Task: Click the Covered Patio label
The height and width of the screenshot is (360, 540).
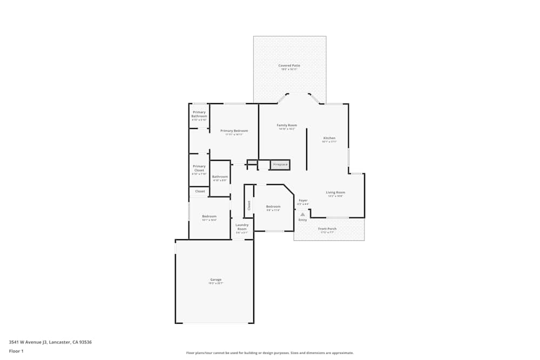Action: point(289,65)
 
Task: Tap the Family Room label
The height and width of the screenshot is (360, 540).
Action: point(287,125)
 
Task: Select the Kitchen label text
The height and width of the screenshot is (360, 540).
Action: point(329,138)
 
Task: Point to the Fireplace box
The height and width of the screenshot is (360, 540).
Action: point(280,165)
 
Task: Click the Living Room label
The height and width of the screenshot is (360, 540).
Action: point(335,192)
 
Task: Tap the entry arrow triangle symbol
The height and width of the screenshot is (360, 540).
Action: point(302,214)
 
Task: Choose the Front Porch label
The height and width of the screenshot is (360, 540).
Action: point(328,228)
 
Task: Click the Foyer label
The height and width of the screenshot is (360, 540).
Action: point(303,200)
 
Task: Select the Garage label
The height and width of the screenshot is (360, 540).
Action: point(216,280)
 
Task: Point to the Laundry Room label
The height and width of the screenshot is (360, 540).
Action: point(242,226)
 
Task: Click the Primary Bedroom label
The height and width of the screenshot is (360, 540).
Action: point(234,131)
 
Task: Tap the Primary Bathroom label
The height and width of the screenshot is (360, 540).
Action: point(199,114)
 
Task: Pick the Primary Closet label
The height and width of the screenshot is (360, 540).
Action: point(199,168)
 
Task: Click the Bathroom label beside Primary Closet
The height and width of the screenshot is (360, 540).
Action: point(220,176)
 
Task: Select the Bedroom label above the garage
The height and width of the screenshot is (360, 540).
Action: point(209,216)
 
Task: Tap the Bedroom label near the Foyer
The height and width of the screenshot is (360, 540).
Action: point(273,206)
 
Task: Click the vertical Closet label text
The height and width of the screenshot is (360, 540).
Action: point(249,205)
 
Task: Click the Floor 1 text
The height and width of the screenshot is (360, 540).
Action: point(16,351)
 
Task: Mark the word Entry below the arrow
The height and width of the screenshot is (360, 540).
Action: point(302,220)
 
